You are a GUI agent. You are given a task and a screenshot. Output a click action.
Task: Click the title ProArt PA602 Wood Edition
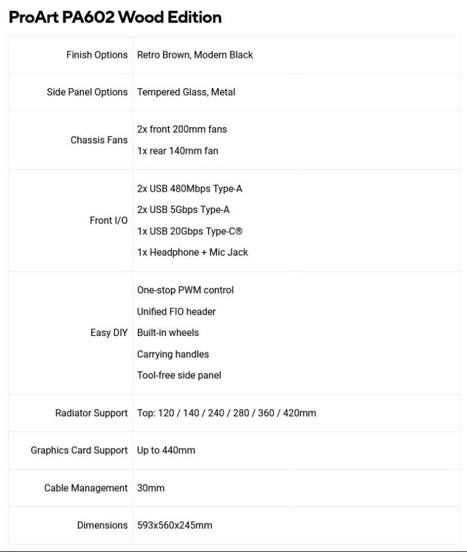click(115, 17)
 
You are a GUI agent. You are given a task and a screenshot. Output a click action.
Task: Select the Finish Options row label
click(97, 55)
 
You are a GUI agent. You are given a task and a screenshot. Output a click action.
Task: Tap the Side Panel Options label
click(87, 92)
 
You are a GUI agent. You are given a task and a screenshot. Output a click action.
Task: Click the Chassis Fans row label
click(99, 140)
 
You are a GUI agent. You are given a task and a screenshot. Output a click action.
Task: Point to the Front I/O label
click(108, 220)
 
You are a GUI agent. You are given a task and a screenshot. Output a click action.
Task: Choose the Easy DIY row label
click(109, 333)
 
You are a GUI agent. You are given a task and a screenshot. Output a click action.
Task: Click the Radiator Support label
click(91, 413)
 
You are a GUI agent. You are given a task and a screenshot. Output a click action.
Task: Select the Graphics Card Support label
click(79, 450)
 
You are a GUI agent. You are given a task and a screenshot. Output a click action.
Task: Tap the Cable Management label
click(86, 488)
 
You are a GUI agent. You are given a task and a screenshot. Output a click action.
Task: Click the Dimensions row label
click(102, 525)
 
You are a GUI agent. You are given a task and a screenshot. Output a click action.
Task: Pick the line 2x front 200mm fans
click(182, 129)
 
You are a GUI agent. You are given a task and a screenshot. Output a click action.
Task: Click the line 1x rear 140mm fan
click(178, 150)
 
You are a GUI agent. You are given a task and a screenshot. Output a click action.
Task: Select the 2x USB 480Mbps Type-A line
click(190, 189)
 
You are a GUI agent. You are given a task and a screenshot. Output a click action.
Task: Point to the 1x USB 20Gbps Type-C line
click(190, 231)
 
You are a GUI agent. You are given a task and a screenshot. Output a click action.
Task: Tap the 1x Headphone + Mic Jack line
click(192, 252)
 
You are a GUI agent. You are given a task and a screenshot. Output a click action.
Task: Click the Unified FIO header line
click(176, 312)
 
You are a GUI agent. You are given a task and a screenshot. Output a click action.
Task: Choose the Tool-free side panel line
click(179, 375)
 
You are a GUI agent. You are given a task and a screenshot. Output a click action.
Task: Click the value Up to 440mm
click(166, 450)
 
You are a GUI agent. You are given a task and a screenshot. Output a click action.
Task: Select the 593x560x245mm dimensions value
click(175, 525)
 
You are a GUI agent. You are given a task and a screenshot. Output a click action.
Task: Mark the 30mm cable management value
click(151, 488)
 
